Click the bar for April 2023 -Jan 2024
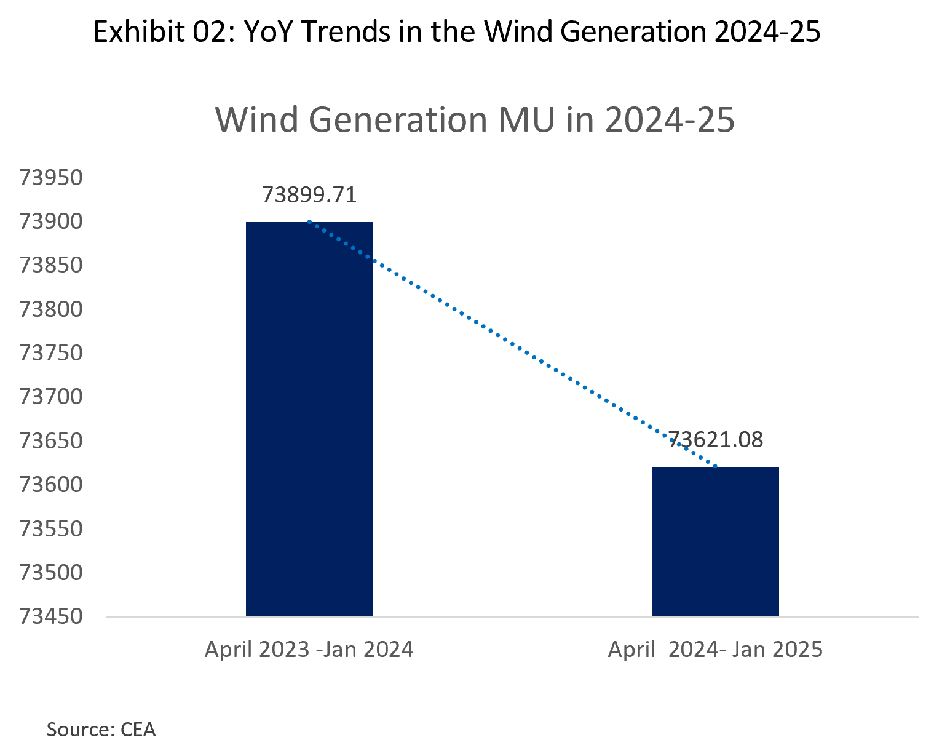(309, 418)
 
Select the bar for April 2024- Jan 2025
(715, 541)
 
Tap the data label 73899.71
(309, 195)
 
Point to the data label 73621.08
(715, 440)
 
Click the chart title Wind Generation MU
(475, 119)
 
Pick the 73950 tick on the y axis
(51, 178)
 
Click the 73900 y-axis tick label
(51, 221)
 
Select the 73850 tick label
(51, 265)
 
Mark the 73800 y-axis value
(51, 309)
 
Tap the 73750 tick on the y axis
(51, 353)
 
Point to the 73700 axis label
(51, 397)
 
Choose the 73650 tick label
(51, 441)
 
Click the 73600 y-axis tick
(51, 485)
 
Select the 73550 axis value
(51, 528)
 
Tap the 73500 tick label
(51, 573)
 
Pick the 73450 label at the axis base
(51, 616)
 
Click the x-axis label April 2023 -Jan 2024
(309, 650)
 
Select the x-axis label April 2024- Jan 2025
(715, 650)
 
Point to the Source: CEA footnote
(101, 730)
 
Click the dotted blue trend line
(512, 344)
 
